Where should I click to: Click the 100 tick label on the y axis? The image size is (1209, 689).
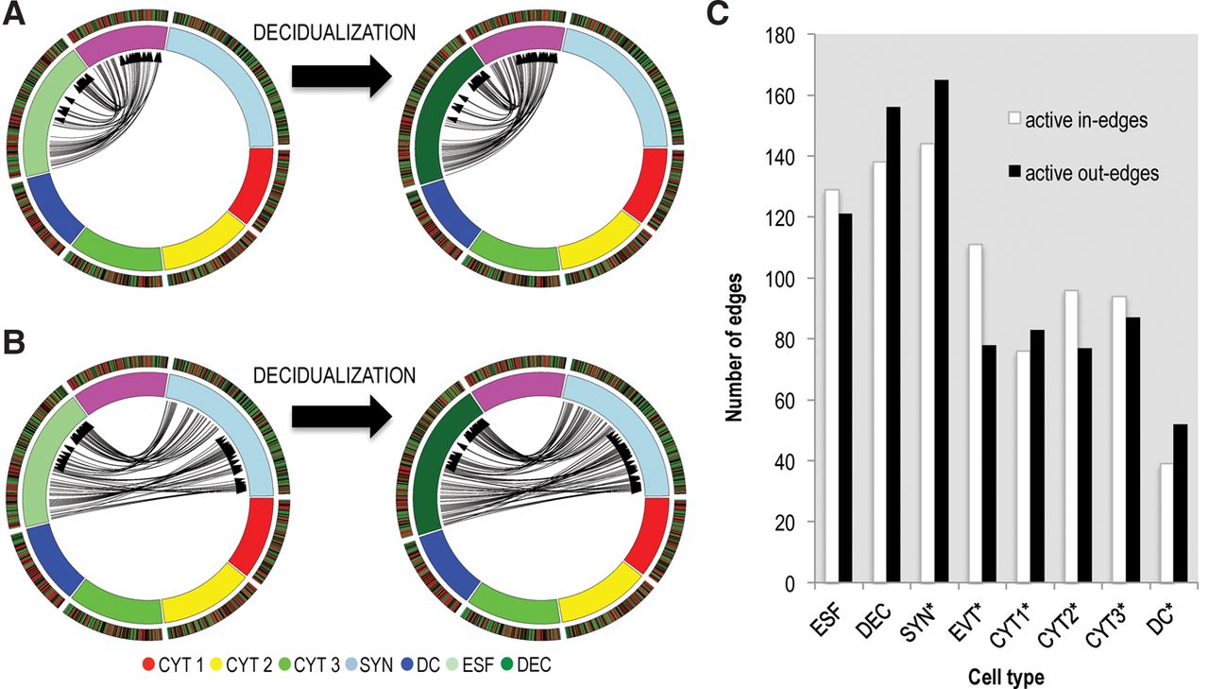point(781,279)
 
